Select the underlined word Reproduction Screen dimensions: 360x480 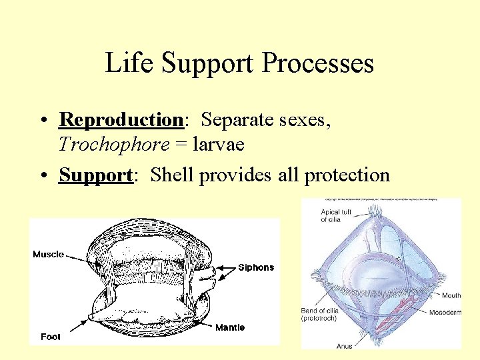[121, 120]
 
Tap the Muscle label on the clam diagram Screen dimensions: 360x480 [49, 254]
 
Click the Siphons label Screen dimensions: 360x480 [256, 267]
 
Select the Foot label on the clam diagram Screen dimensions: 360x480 [50, 337]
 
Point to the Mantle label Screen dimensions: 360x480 [230, 327]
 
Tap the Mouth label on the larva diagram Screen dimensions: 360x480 [451, 295]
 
